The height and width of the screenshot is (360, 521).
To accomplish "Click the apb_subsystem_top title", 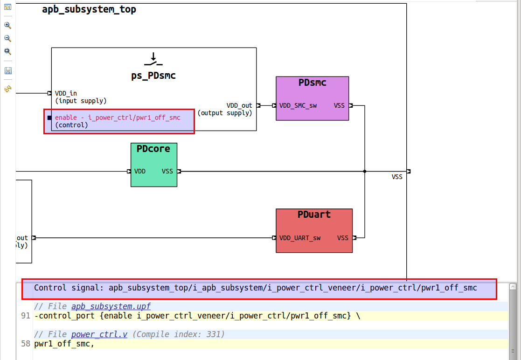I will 89,9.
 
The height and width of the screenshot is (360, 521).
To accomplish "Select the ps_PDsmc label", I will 153,76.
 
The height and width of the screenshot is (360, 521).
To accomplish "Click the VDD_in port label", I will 66,93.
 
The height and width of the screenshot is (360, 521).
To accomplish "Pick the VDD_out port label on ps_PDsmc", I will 239,105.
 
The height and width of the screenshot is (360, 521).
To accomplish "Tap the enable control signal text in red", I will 118,118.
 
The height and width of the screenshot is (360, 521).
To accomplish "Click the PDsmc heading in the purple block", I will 312,83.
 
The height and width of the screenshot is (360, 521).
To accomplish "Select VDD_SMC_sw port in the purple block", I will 298,105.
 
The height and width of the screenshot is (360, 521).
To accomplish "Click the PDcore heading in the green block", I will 153,149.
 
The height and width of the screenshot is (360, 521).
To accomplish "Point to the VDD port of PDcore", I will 140,171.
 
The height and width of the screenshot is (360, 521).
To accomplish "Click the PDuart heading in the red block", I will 314,215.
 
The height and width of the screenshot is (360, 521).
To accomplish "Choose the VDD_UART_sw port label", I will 300,238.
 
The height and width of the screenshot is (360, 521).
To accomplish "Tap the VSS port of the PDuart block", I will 343,238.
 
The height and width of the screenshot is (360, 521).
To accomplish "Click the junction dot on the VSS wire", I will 365,171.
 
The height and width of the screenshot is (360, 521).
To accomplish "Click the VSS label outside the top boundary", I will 397,177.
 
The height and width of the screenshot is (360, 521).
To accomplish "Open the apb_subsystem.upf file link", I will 111,306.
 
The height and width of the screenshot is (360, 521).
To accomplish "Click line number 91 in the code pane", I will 25,316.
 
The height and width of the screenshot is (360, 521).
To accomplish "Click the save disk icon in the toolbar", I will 8,71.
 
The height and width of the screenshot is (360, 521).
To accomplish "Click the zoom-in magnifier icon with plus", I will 7,25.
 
